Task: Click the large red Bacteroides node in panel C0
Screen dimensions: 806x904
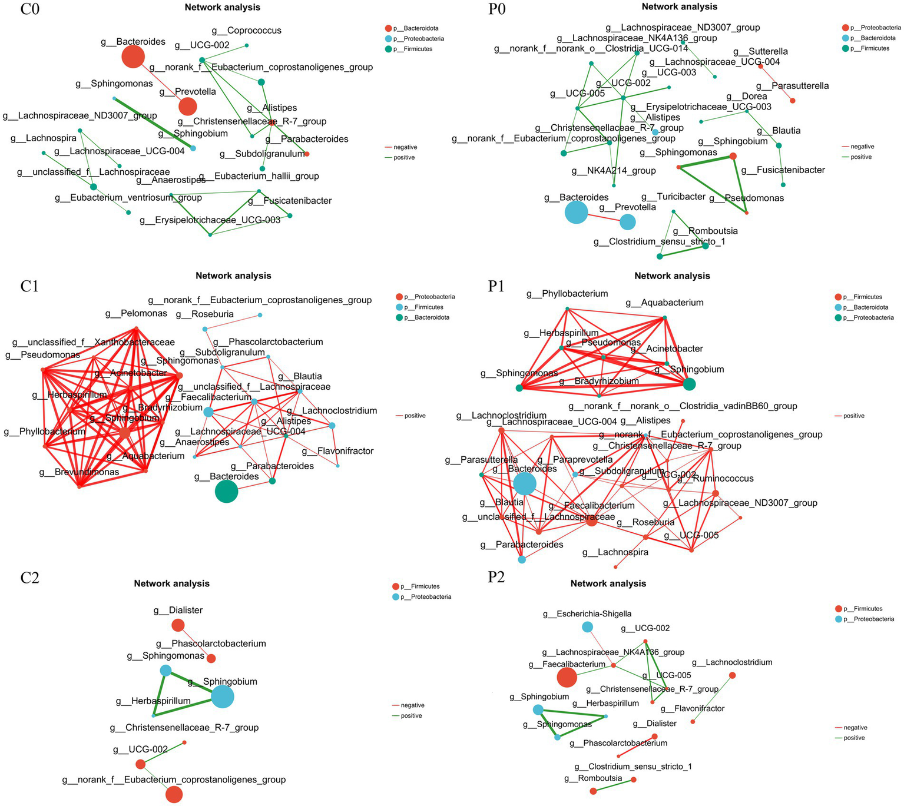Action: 134,57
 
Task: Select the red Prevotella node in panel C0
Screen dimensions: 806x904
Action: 187,107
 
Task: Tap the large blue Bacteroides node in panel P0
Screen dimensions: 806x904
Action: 576,212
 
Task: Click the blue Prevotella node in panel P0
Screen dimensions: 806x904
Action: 628,222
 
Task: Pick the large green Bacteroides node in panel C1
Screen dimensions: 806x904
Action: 226,491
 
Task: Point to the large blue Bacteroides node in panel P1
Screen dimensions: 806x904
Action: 525,484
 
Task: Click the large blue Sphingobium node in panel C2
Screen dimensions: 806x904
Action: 223,696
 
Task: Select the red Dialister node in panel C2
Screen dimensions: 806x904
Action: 178,625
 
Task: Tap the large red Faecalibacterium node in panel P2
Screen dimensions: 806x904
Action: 567,677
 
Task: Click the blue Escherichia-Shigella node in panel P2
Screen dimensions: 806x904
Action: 587,626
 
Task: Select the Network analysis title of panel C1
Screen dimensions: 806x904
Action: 233,276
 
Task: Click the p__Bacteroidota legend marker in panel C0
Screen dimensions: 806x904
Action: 388,28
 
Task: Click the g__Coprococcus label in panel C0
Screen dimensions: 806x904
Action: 247,31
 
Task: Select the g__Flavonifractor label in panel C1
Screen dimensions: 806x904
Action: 337,452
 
